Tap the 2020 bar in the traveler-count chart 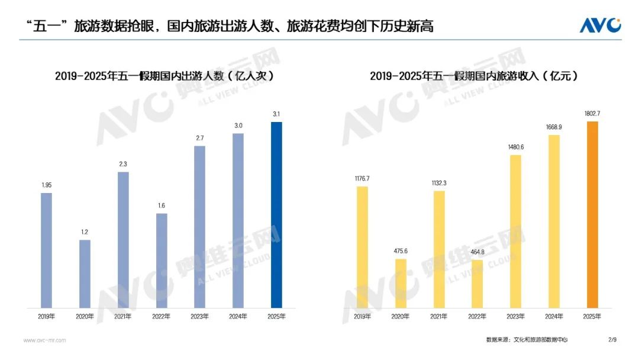click(85, 274)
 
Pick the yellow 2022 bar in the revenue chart click(477, 284)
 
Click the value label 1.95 click(46, 185)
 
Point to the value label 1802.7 click(592, 113)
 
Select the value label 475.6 click(401, 251)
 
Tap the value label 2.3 click(123, 164)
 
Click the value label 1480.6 click(515, 147)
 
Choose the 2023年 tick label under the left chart click(199, 317)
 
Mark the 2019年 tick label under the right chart click(362, 317)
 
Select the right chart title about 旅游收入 click(474, 76)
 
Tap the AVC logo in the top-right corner click(599, 25)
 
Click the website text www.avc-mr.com click(44, 340)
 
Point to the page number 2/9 click(612, 340)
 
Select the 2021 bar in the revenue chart click(439, 249)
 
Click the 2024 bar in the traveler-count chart click(238, 220)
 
